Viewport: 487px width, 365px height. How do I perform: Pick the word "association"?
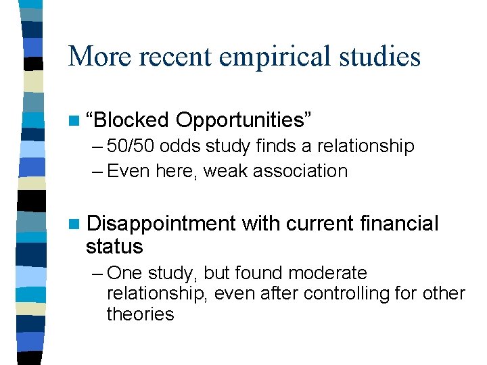pos(301,171)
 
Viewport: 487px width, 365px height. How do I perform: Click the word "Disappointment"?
pos(162,223)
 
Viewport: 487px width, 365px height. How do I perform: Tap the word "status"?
pos(114,246)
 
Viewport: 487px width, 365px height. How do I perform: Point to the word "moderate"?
pos(327,273)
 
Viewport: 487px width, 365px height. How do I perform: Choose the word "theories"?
pos(140,314)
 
